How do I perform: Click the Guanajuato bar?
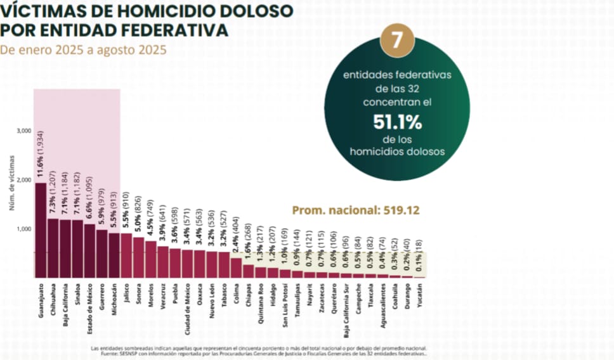click(x=41, y=231)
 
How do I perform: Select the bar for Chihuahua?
click(x=53, y=248)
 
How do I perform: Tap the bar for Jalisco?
click(x=126, y=255)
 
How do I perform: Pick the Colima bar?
click(x=236, y=267)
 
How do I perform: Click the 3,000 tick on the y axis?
click(x=24, y=131)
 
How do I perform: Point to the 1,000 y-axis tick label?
click(x=24, y=229)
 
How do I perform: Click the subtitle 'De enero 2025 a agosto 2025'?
click(x=83, y=49)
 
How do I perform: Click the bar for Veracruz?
click(x=163, y=262)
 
